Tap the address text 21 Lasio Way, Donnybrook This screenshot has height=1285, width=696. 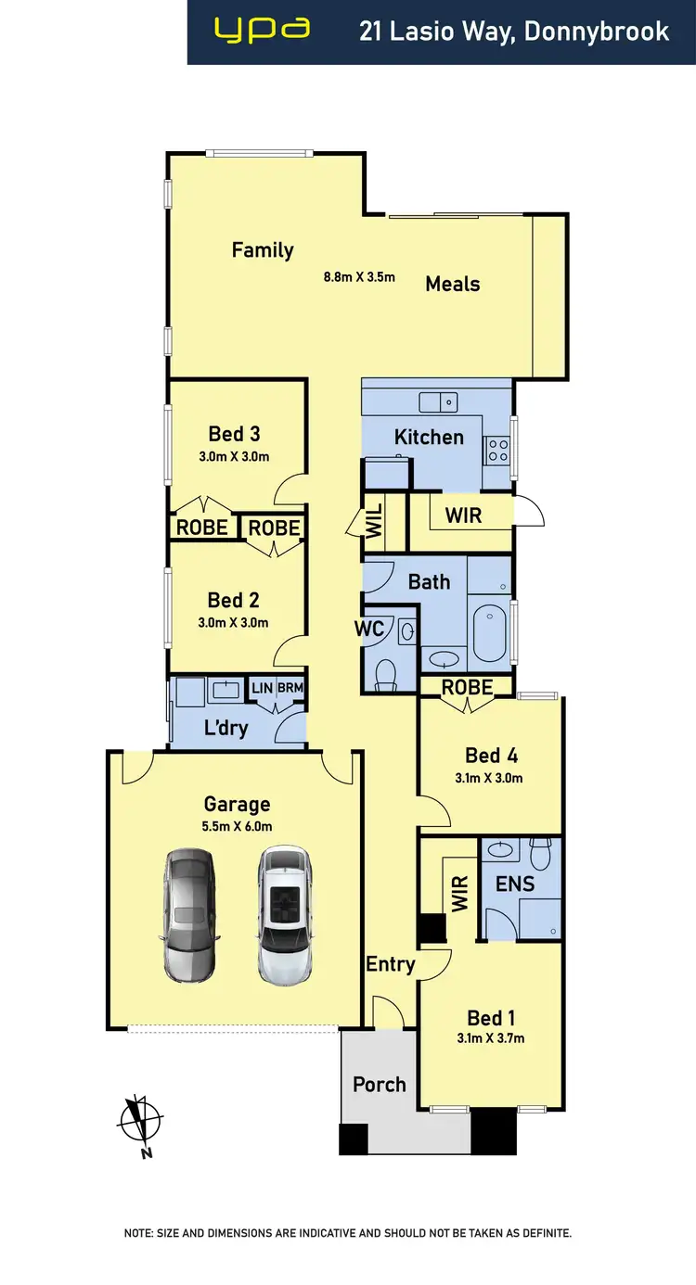[514, 32]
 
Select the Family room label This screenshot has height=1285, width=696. [263, 249]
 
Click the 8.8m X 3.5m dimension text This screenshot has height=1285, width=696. [359, 276]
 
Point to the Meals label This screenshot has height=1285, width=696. [453, 284]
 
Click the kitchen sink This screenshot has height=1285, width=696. [438, 402]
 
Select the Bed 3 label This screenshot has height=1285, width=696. [234, 433]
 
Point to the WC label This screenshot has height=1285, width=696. [369, 628]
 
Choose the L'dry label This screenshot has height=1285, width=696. [226, 727]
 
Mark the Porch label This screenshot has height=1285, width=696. [380, 1084]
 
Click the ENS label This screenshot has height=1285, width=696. [515, 884]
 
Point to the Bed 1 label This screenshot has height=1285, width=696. [491, 1018]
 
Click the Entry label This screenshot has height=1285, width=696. [390, 964]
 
